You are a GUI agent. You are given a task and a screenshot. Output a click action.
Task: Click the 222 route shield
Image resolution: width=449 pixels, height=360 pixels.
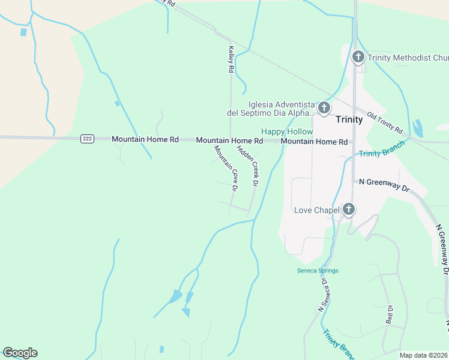point(87,139)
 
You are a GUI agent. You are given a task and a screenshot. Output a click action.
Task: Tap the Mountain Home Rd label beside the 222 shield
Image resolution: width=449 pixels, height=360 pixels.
point(145,139)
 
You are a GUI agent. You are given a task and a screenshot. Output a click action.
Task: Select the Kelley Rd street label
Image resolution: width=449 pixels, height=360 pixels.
point(231,60)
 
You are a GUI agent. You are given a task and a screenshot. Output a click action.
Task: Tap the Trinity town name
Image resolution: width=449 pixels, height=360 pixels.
point(349,119)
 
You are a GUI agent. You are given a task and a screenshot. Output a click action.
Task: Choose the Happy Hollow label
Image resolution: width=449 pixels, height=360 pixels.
point(286,131)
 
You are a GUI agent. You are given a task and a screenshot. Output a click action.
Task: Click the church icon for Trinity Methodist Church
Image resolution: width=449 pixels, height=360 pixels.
point(358,58)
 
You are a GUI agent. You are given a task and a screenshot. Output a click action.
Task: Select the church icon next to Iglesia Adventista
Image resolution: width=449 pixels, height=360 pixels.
point(324,108)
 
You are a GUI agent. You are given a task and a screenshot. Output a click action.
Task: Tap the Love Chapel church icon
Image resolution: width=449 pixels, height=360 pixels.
point(349,209)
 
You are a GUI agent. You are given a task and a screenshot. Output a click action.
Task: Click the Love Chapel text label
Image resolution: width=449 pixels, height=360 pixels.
point(316,210)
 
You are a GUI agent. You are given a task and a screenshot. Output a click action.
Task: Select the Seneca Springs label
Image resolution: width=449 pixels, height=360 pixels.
point(318,271)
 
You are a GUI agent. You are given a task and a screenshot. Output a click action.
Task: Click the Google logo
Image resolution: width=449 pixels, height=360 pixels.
point(20,353)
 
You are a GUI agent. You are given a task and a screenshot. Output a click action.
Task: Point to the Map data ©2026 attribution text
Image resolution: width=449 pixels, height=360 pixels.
point(424,355)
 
